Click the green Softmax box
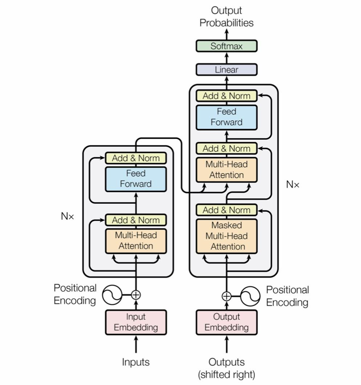226,46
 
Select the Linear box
226,70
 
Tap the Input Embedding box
136,322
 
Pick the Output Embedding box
226,322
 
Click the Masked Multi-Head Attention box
226,236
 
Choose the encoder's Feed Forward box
136,179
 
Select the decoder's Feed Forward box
226,117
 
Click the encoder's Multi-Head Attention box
136,241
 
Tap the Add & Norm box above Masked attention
226,210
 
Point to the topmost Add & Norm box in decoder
226,96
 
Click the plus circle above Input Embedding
136,295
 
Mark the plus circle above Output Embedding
226,296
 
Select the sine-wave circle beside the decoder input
250,296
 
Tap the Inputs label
136,362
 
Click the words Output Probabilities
226,17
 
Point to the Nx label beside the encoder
67,216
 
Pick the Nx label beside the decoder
293,185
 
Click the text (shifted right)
226,374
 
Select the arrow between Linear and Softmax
226,58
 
